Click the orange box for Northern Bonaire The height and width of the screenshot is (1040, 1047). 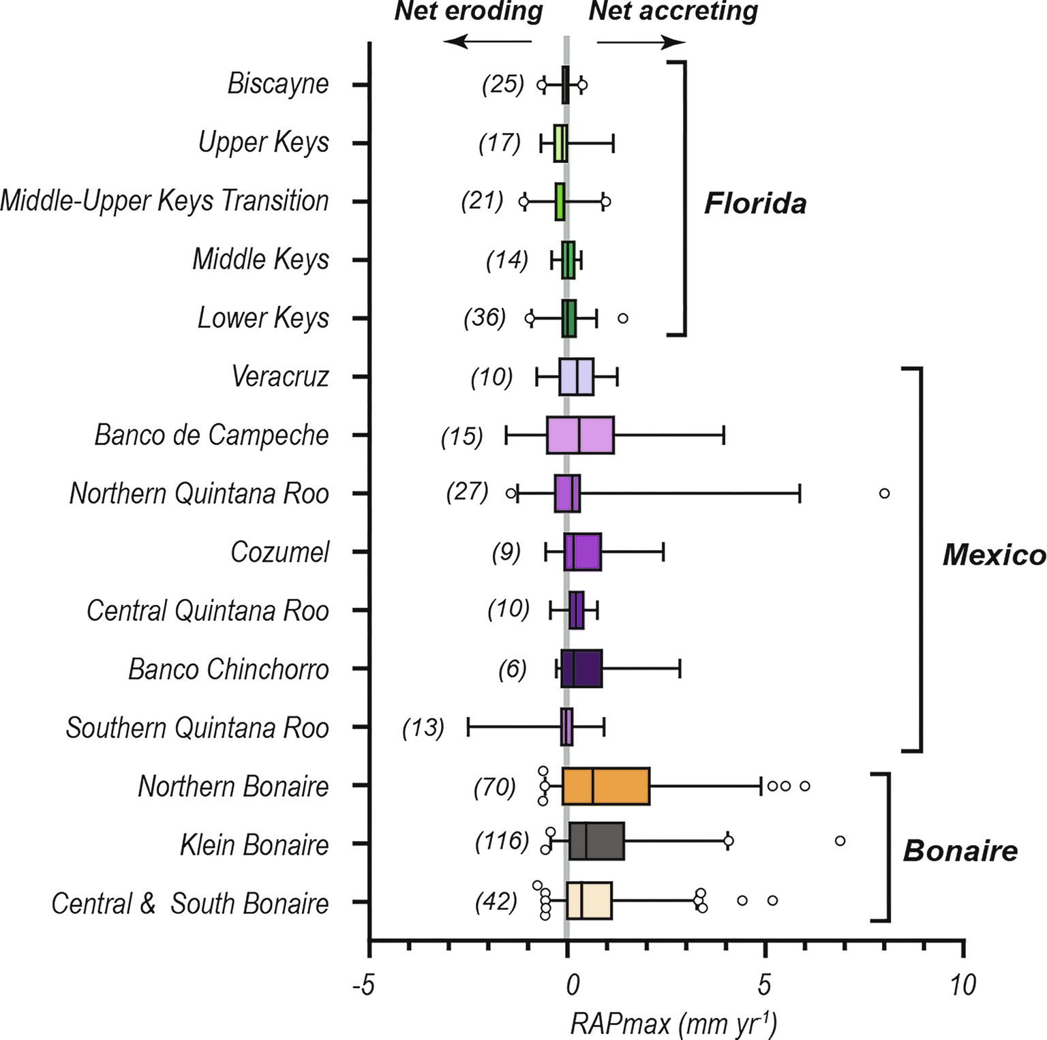(x=606, y=786)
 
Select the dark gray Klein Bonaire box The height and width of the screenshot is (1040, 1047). (x=596, y=841)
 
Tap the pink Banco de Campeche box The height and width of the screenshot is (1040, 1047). (x=580, y=435)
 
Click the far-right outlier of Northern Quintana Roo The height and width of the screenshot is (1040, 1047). (x=884, y=493)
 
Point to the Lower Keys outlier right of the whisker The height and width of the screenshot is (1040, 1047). (x=622, y=318)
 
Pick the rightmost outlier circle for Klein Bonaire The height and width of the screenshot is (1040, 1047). (x=840, y=841)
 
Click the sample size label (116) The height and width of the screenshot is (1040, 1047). (x=502, y=841)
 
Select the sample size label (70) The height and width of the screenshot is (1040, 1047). (x=495, y=787)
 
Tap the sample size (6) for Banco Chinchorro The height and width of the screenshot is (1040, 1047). (x=512, y=669)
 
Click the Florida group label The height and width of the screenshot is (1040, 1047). (x=755, y=203)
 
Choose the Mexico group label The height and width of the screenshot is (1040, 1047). (x=994, y=555)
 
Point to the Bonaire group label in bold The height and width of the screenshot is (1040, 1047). (x=960, y=851)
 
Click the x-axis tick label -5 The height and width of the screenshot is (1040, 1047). (x=363, y=985)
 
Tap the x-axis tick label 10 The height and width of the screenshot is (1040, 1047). (x=962, y=985)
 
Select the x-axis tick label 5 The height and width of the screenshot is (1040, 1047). (x=764, y=985)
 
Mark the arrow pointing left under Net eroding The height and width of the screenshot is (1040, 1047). (x=487, y=42)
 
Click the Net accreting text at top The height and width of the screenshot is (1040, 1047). (x=673, y=12)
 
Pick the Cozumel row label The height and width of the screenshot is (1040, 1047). (x=279, y=552)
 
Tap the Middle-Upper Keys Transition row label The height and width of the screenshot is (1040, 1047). (x=164, y=201)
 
